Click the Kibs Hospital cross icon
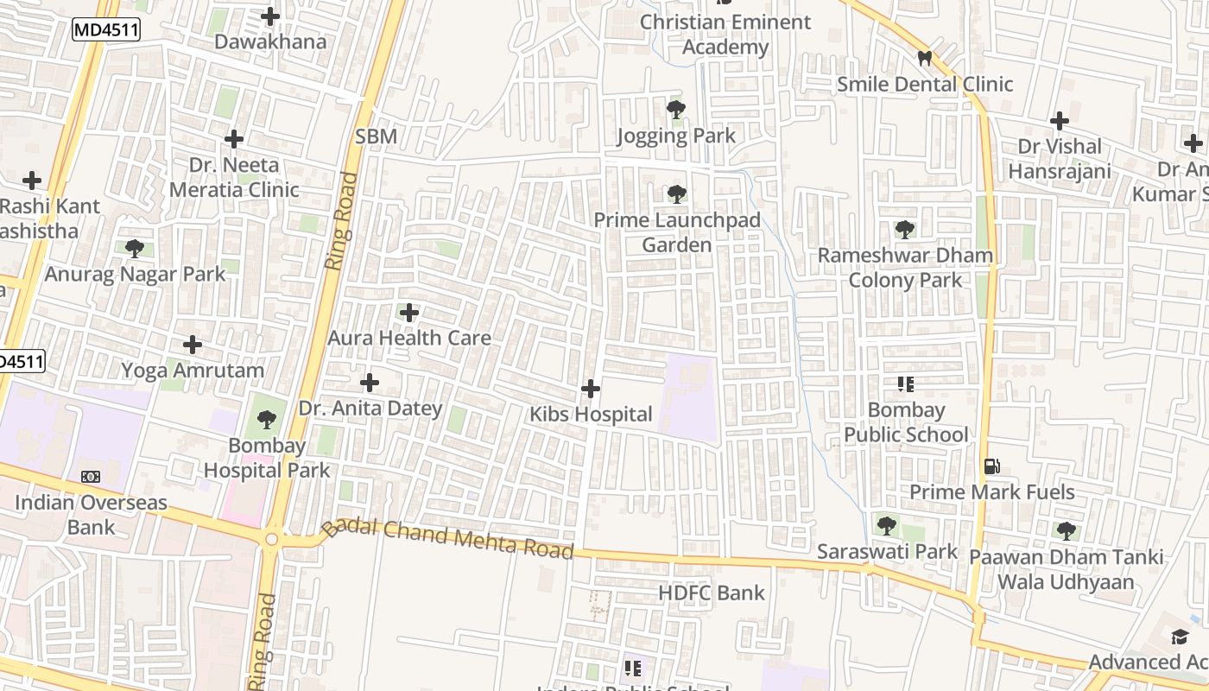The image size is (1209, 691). (x=591, y=389)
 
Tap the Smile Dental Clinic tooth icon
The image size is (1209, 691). (x=924, y=59)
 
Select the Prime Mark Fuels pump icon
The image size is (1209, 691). (x=991, y=466)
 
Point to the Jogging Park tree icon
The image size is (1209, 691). (x=676, y=110)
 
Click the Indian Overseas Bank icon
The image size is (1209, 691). (x=91, y=477)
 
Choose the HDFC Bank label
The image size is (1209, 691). (x=712, y=593)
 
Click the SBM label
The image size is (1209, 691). (x=376, y=136)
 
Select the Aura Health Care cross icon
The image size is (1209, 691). (x=409, y=312)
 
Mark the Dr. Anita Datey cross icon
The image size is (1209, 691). (x=370, y=382)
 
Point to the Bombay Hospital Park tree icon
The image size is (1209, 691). (x=267, y=420)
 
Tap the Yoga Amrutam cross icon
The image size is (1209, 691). (x=193, y=345)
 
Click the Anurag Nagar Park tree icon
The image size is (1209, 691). (x=135, y=249)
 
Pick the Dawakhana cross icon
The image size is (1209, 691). (x=270, y=16)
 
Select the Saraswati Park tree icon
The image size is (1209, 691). (x=887, y=525)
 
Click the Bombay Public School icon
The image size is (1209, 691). (x=906, y=384)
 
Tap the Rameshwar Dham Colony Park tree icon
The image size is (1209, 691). (x=905, y=230)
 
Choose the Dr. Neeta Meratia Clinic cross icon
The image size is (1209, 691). (x=234, y=138)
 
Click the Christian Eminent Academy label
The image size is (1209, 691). (x=725, y=35)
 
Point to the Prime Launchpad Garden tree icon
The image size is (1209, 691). (x=677, y=194)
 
